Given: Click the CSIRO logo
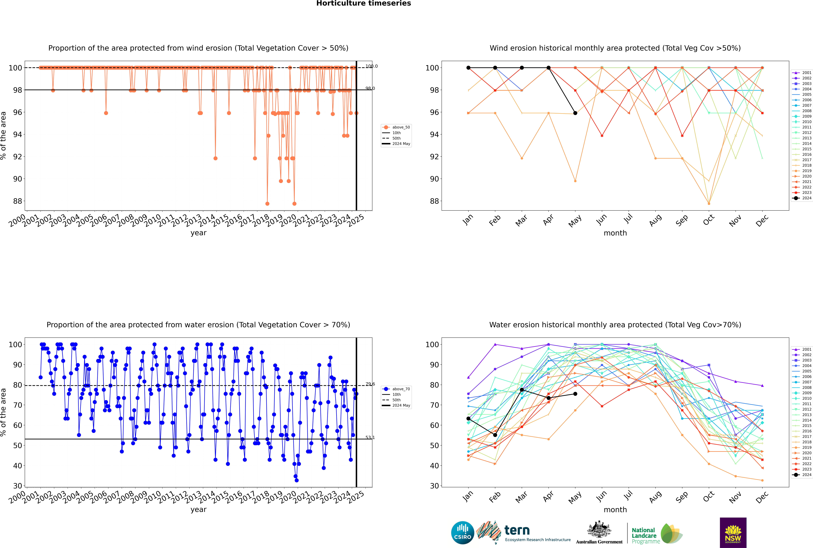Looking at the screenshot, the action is [x=462, y=533].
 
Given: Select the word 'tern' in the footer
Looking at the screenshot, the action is [x=517, y=531].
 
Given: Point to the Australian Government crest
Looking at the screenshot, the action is [x=599, y=529].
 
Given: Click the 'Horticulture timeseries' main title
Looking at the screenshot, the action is [x=364, y=3].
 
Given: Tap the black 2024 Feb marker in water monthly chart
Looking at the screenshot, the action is [x=495, y=435].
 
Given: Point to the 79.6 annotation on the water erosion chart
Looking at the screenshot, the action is [x=370, y=384].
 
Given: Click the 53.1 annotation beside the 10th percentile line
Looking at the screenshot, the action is [x=370, y=438].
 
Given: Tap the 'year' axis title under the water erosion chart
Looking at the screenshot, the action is [x=199, y=510].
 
